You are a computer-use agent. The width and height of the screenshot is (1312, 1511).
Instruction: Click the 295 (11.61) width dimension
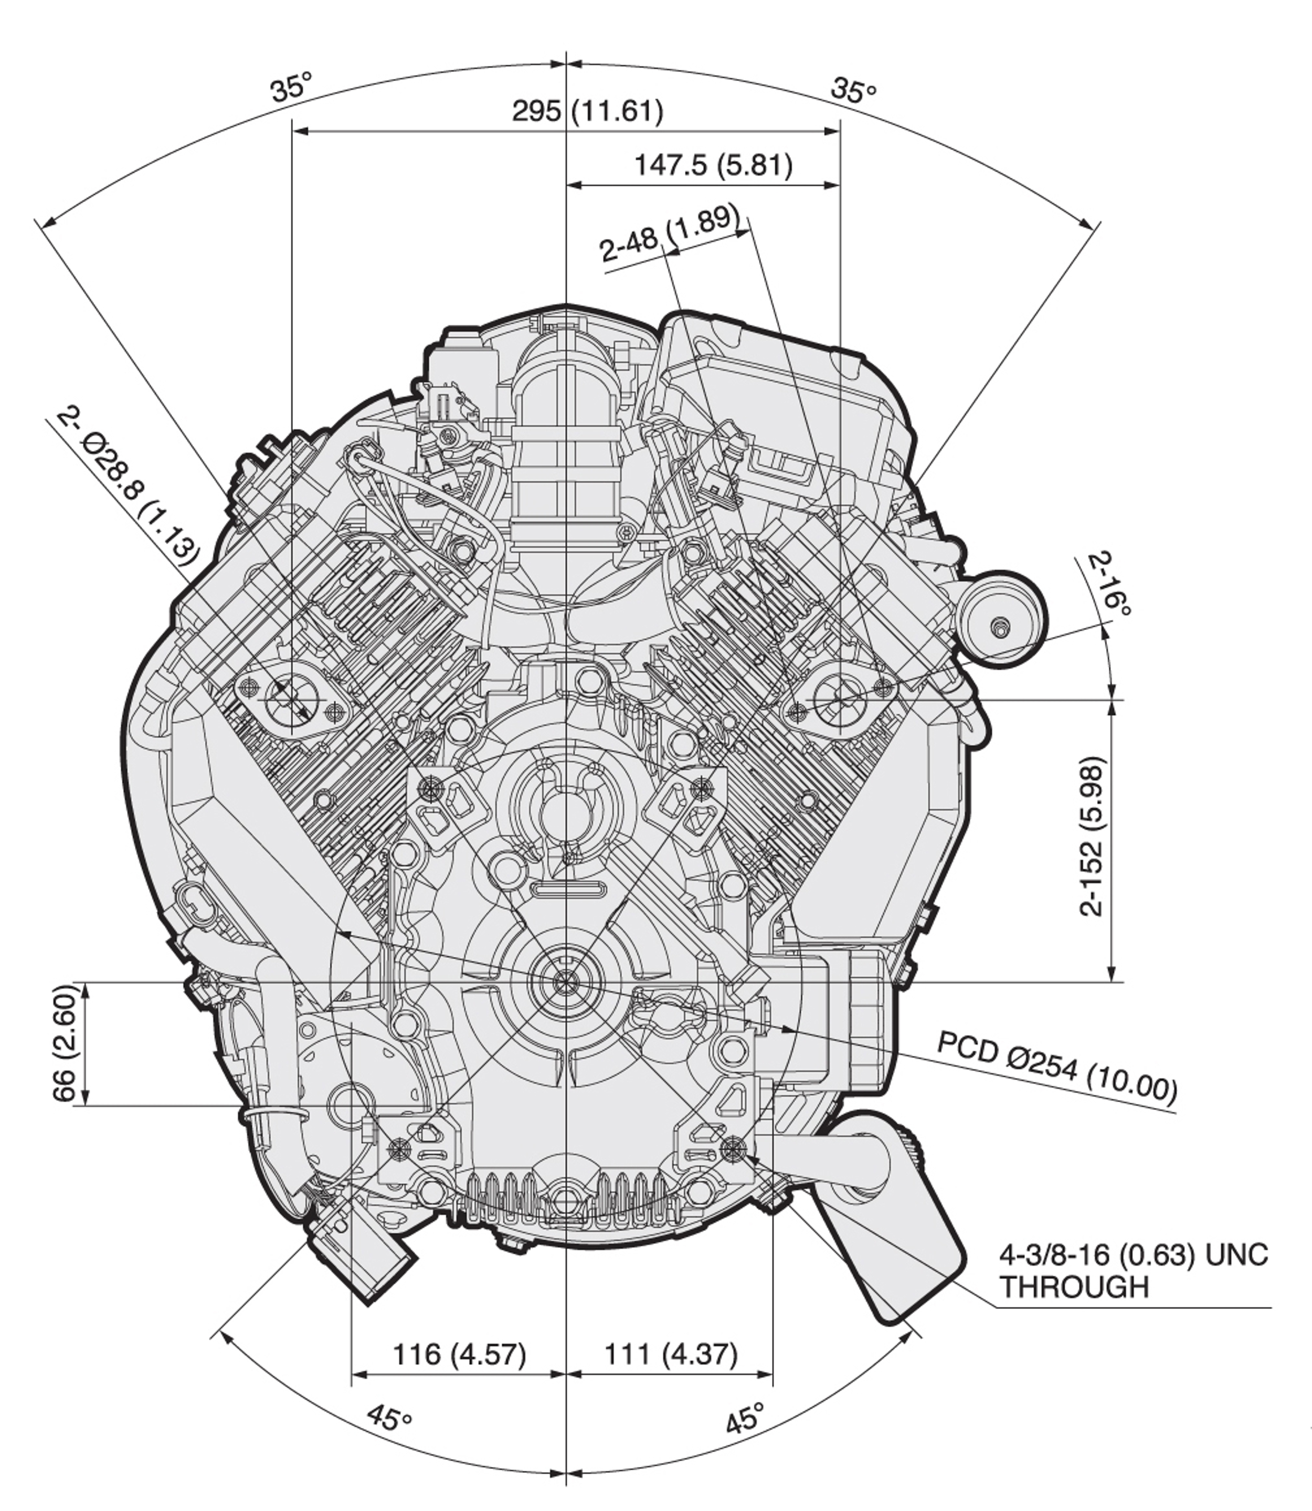coord(587,112)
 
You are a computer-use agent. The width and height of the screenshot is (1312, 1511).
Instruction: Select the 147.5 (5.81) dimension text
coord(712,165)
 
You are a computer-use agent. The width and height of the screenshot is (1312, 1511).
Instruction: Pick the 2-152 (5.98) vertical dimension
coord(1092,836)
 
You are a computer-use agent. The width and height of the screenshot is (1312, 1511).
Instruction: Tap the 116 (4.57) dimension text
coord(460,1354)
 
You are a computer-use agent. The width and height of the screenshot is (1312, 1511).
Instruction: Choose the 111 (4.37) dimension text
coord(671,1354)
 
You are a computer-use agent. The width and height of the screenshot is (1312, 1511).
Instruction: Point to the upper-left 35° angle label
coord(291,87)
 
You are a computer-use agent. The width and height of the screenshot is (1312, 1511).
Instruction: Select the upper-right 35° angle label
coord(854,91)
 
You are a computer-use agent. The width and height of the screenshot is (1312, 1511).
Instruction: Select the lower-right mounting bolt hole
coord(732,1148)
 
